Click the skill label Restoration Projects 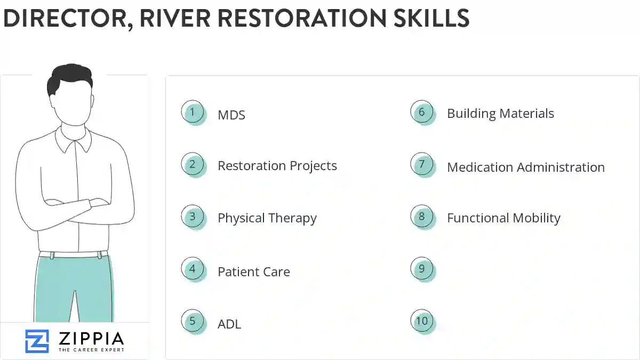[x=277, y=166]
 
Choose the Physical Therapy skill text [x=267, y=218]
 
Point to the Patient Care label [x=253, y=271]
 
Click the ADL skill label [x=229, y=324]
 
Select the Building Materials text [x=500, y=114]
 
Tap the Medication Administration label [x=525, y=167]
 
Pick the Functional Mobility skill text [x=503, y=218]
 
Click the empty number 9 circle [x=422, y=269]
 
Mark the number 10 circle [x=422, y=321]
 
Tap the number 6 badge [x=422, y=112]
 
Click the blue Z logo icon [x=37, y=341]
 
